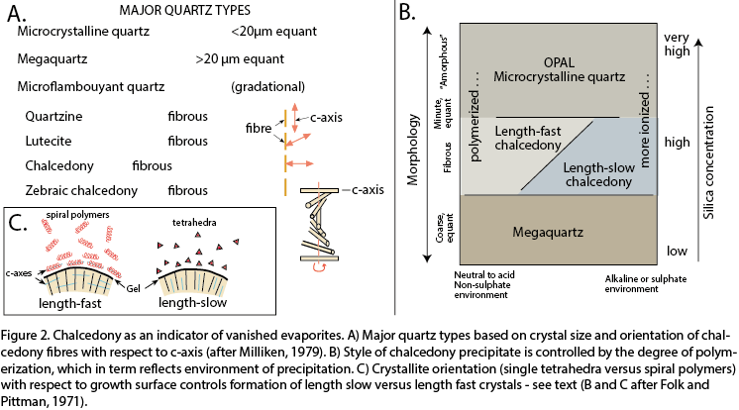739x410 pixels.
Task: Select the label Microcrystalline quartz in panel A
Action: tap(84, 33)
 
